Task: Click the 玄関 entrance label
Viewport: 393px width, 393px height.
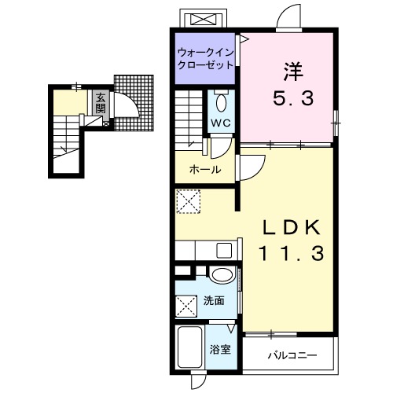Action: (x=101, y=103)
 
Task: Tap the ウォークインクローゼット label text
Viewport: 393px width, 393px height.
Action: (x=205, y=59)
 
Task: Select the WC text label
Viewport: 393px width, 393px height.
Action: (x=221, y=123)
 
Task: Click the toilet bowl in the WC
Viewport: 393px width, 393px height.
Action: (x=222, y=103)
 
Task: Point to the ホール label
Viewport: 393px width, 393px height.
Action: (x=205, y=170)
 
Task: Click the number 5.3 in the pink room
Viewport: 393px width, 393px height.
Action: (x=293, y=98)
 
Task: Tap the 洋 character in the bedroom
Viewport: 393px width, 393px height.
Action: (x=293, y=71)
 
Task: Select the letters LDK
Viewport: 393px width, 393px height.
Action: (x=292, y=227)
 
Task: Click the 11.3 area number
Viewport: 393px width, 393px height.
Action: (x=292, y=253)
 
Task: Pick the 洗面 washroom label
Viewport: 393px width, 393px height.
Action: (x=214, y=301)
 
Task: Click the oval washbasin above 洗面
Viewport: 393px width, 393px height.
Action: (x=222, y=275)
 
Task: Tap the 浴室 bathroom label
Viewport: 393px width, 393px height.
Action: (x=220, y=350)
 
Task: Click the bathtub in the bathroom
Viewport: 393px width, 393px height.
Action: (x=189, y=347)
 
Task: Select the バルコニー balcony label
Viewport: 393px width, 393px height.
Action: (x=292, y=355)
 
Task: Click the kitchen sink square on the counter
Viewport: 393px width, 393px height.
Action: (x=224, y=251)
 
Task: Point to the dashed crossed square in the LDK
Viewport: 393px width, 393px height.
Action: (x=188, y=201)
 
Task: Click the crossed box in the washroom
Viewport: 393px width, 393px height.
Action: (x=186, y=306)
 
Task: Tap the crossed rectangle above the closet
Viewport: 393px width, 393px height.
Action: (x=203, y=19)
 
